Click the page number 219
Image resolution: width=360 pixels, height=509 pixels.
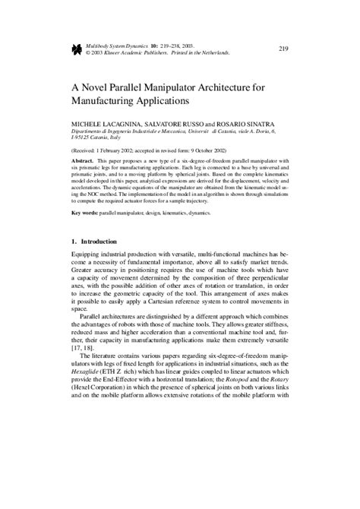[x=283, y=49]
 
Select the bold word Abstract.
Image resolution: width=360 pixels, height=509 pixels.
[x=84, y=163]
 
